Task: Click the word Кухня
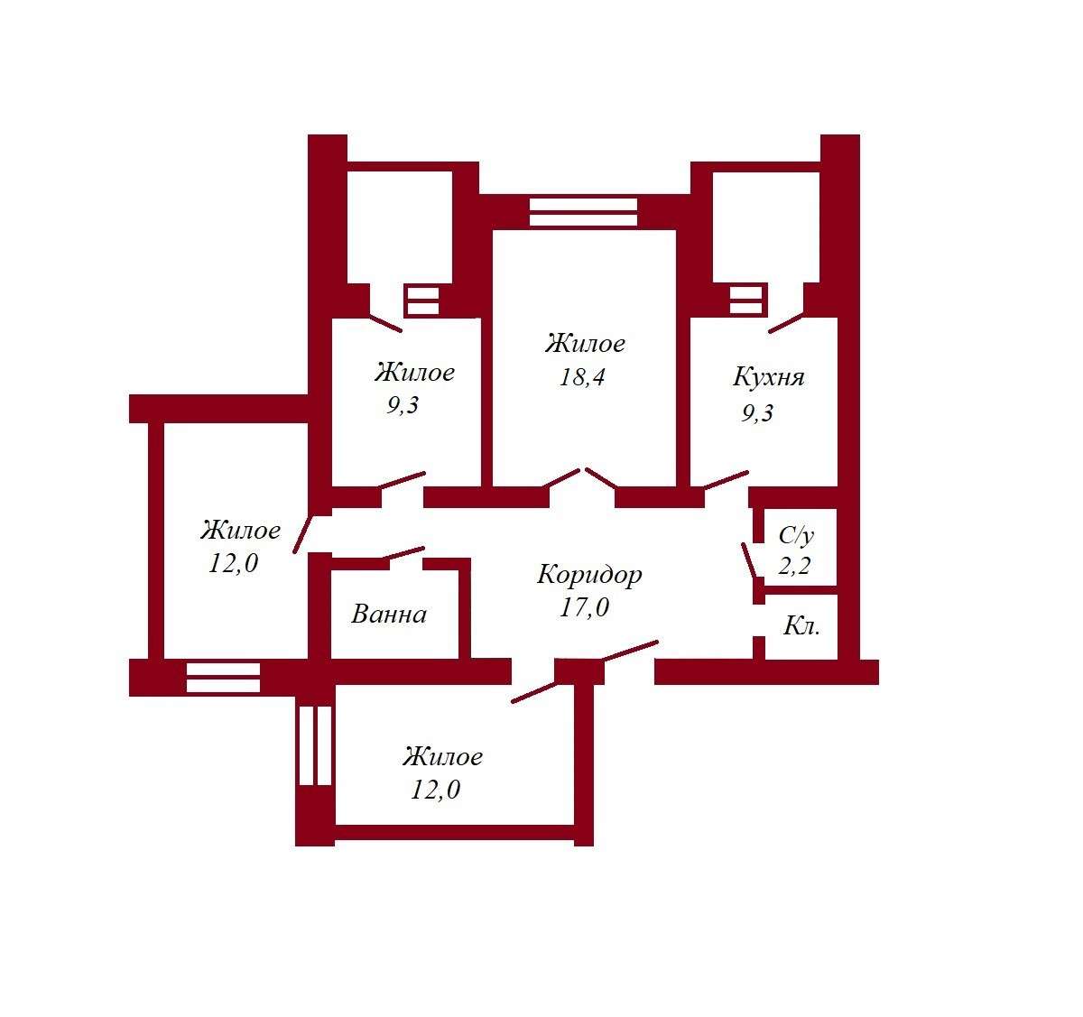(768, 377)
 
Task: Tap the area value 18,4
(582, 377)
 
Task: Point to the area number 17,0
(584, 607)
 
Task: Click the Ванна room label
(389, 615)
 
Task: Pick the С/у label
(796, 536)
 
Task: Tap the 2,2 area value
(794, 566)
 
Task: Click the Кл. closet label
(801, 626)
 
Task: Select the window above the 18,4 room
(583, 212)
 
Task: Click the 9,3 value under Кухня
(757, 414)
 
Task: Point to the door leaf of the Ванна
(404, 553)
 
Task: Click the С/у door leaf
(749, 560)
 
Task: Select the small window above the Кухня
(745, 300)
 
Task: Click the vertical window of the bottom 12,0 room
(315, 745)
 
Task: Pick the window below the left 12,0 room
(223, 678)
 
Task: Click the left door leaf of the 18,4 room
(561, 478)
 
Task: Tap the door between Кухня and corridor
(726, 480)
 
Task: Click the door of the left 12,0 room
(302, 534)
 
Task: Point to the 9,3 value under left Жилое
(403, 405)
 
